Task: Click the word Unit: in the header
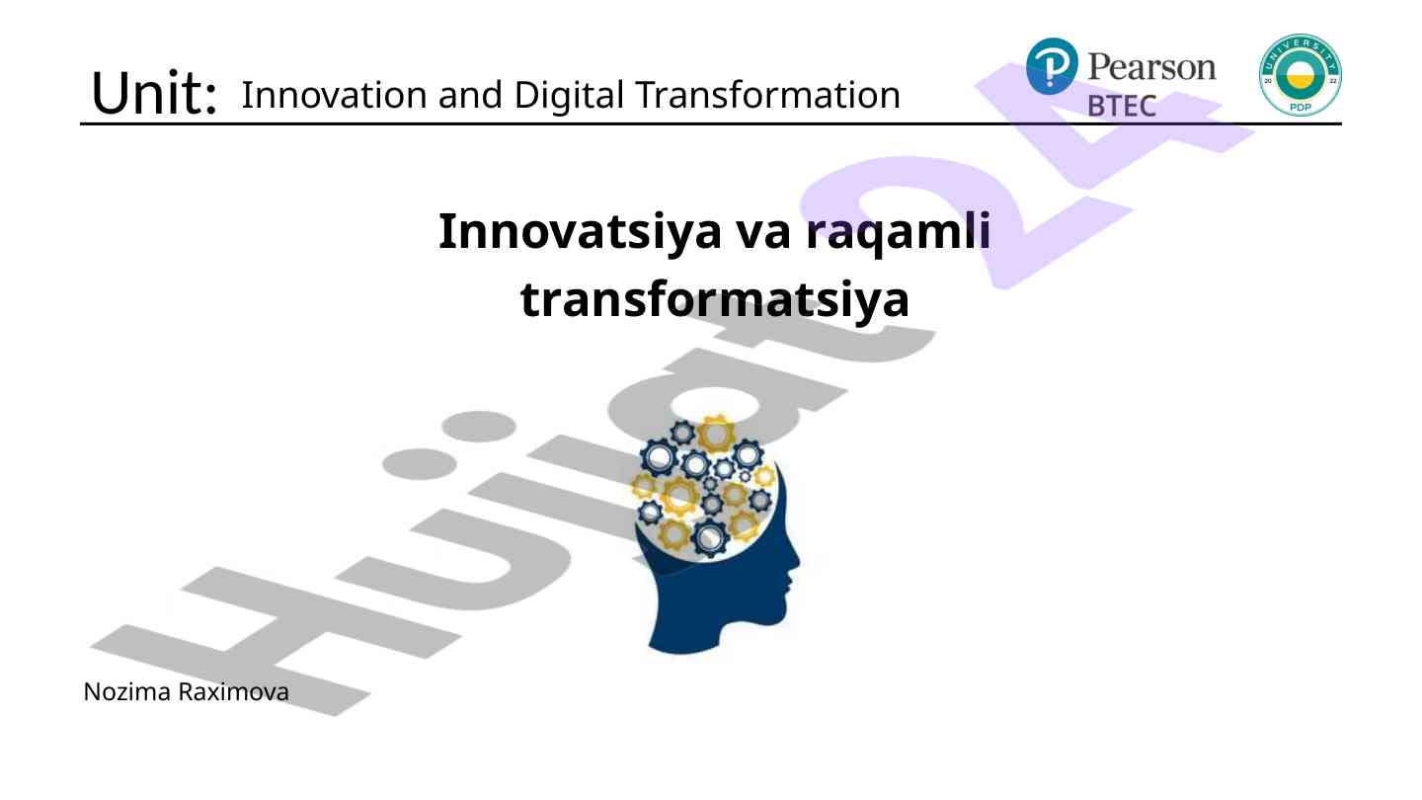[x=154, y=93]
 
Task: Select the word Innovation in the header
[x=333, y=95]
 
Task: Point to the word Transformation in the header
[x=767, y=95]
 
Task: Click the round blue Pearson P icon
[x=1052, y=66]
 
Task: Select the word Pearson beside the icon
[x=1152, y=67]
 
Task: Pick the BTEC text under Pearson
[x=1122, y=106]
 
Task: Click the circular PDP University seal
[x=1301, y=75]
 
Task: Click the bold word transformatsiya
[x=715, y=300]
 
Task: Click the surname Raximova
[x=234, y=692]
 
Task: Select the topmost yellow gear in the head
[x=717, y=434]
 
